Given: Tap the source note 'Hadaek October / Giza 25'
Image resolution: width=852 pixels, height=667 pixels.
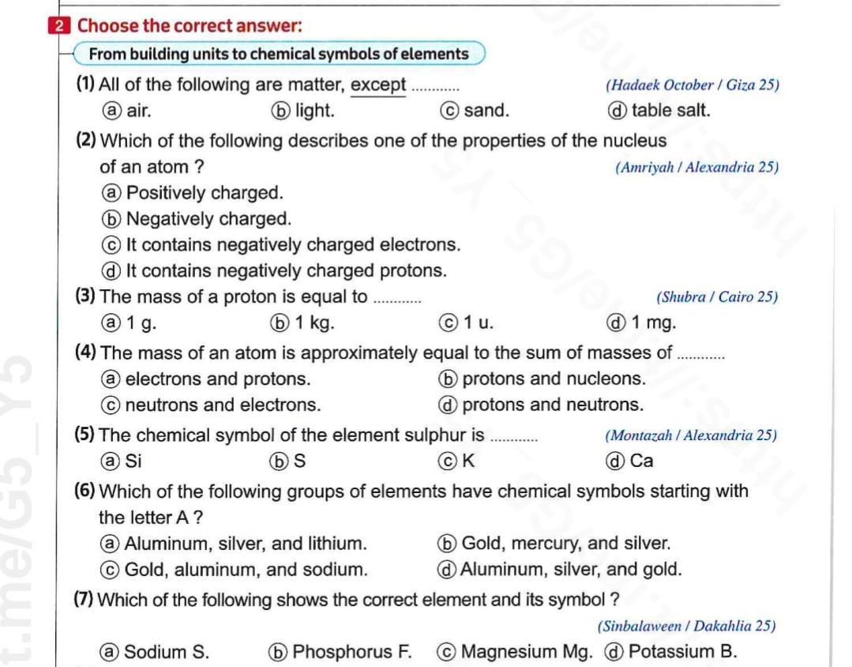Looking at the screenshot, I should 692,86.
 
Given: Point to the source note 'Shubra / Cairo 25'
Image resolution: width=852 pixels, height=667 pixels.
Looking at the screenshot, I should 717,298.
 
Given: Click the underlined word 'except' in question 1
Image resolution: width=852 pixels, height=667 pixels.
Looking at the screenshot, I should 378,85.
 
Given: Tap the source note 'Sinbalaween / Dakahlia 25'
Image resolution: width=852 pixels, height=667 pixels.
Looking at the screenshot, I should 686,627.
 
